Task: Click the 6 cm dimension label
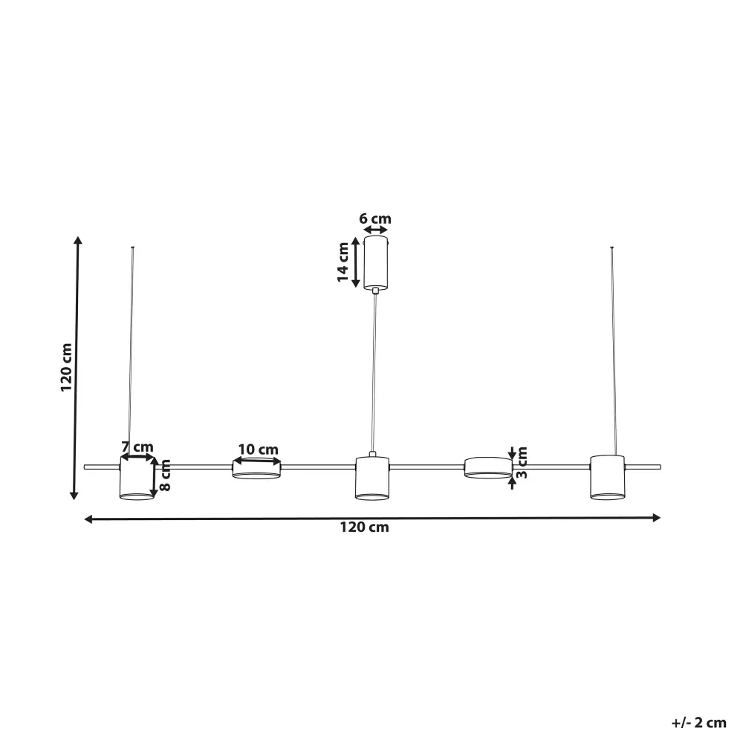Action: click(374, 218)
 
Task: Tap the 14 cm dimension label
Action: click(343, 262)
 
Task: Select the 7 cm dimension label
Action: click(137, 447)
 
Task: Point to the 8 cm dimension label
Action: click(165, 476)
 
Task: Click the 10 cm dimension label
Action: click(258, 450)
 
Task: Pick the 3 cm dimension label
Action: click(522, 462)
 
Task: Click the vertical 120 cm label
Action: click(66, 368)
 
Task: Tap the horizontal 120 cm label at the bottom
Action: click(364, 528)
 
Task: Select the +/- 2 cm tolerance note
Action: click(699, 723)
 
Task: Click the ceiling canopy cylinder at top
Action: click(376, 262)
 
